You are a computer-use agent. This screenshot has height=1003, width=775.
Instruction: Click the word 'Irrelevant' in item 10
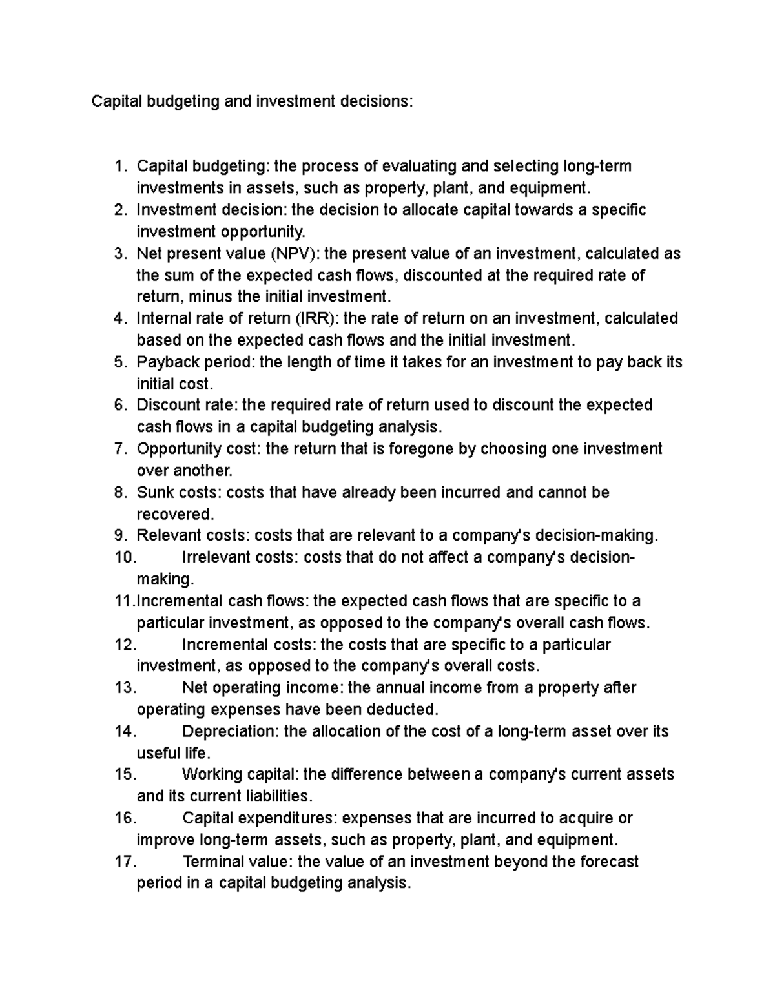pyautogui.click(x=217, y=558)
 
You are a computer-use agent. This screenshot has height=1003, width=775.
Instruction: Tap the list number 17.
pyautogui.click(x=126, y=862)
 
